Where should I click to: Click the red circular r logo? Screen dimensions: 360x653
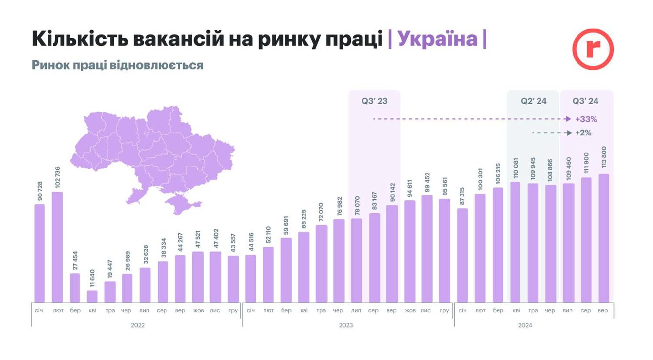pyautogui.click(x=593, y=49)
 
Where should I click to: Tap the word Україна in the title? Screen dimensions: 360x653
pyautogui.click(x=437, y=39)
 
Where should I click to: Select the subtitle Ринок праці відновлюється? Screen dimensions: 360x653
pyautogui.click(x=118, y=65)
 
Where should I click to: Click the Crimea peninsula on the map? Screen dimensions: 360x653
pyautogui.click(x=181, y=205)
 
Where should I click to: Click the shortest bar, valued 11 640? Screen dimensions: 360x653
pyautogui.click(x=92, y=296)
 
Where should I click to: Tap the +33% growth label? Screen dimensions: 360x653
pyautogui.click(x=586, y=119)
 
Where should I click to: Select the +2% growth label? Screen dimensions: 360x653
pyautogui.click(x=584, y=132)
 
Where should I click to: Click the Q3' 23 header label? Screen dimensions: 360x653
pyautogui.click(x=374, y=101)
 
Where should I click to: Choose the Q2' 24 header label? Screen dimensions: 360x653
pyautogui.click(x=533, y=101)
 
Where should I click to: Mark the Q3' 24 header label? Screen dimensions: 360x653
pyautogui.click(x=586, y=101)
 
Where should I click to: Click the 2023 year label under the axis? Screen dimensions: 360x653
pyautogui.click(x=346, y=325)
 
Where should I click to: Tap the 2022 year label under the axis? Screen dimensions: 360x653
pyautogui.click(x=138, y=325)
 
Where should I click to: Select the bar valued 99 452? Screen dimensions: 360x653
pyautogui.click(x=427, y=249)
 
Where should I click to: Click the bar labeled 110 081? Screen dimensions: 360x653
pyautogui.click(x=515, y=241)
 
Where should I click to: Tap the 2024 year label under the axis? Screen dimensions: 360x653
pyautogui.click(x=525, y=325)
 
